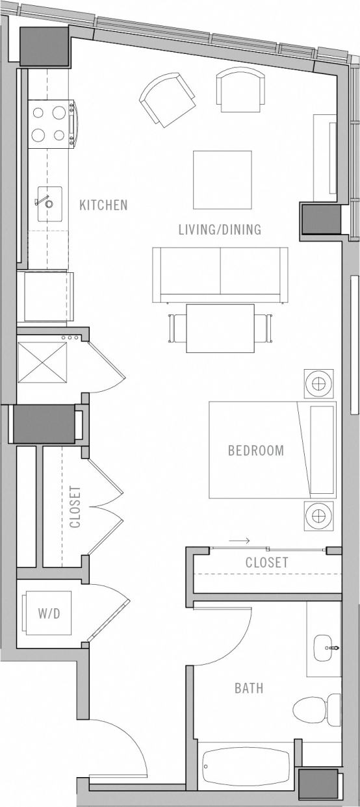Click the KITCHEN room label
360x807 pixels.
tap(103, 205)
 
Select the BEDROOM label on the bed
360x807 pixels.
tap(255, 450)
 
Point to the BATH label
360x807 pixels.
tap(249, 687)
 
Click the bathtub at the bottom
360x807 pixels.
tap(246, 767)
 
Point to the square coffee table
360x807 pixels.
tap(222, 180)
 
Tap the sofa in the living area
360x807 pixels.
tap(220, 273)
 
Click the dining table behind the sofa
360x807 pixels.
tap(220, 328)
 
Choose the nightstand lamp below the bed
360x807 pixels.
tap(318, 516)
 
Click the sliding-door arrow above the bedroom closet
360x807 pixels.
tap(240, 540)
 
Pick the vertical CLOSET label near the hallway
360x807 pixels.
tap(75, 507)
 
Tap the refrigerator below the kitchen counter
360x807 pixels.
tap(45, 297)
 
